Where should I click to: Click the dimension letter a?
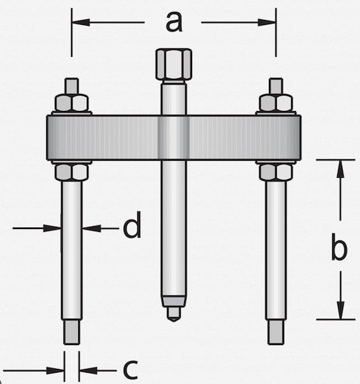174,22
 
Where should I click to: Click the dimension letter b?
339,247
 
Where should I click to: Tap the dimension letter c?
130,370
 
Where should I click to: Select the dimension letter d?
132,225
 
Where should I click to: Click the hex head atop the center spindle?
174,64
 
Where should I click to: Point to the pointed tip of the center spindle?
174,320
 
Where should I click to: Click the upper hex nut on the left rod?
72,103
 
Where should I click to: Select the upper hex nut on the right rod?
276,103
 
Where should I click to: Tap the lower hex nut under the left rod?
72,173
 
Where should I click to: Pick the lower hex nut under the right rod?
276,173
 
